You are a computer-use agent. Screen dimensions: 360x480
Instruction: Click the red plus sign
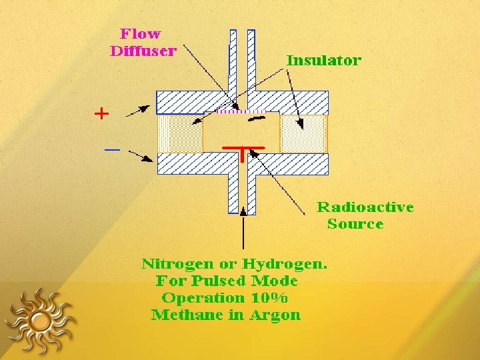[101, 114]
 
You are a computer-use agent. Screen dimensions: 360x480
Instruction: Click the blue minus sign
[112, 150]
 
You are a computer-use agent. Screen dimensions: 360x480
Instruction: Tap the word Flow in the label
[140, 34]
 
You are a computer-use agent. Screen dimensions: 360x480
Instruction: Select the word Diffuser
[143, 51]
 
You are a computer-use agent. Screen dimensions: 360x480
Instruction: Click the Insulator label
[323, 61]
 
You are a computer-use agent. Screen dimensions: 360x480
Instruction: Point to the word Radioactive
[365, 207]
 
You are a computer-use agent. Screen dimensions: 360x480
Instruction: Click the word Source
[355, 224]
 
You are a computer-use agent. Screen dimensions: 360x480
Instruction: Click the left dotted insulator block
[179, 133]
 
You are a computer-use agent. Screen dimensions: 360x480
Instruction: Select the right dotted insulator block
[303, 133]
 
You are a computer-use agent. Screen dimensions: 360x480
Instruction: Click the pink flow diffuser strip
[241, 111]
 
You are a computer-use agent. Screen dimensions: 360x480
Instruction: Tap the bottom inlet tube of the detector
[242, 193]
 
